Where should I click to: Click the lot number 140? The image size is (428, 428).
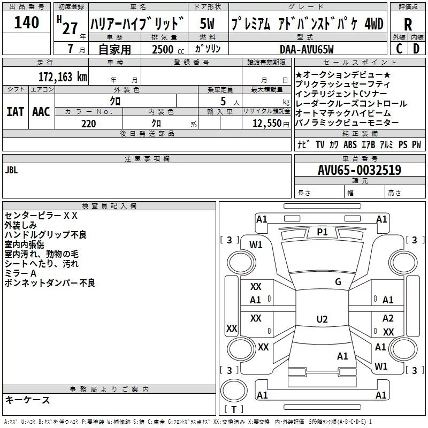[27, 23]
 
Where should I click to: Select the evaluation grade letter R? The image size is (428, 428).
[408, 25]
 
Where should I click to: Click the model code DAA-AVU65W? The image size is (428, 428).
[307, 49]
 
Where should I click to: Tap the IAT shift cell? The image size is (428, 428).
[15, 112]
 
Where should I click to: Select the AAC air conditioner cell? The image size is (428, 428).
[41, 112]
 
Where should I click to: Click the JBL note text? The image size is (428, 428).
[12, 171]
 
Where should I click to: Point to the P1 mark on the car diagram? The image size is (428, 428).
[322, 232]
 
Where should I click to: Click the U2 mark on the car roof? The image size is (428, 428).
[322, 319]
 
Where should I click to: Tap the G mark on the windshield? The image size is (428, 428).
[338, 282]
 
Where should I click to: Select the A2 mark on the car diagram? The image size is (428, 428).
[388, 318]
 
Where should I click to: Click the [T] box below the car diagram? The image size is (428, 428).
[234, 410]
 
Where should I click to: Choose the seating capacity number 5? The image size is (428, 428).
[221, 101]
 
